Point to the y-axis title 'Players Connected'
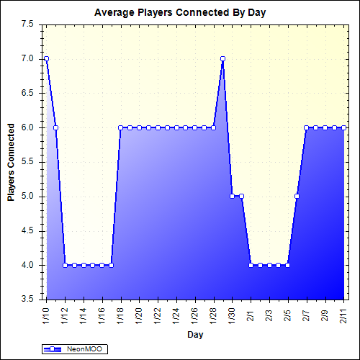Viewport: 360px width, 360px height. [11, 162]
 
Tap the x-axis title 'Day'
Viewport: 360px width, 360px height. [194, 335]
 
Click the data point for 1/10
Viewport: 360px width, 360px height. [46, 58]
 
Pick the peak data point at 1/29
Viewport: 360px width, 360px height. [223, 58]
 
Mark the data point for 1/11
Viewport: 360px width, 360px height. [55, 127]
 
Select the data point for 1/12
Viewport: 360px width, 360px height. [65, 265]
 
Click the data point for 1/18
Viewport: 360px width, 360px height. [120, 127]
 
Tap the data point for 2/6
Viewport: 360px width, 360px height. [297, 196]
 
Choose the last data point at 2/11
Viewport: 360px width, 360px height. [343, 127]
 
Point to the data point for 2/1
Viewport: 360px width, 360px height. [251, 265]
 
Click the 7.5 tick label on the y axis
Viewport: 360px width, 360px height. [27, 24]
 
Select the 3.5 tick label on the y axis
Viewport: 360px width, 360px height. [27, 300]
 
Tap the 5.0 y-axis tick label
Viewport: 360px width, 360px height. [27, 196]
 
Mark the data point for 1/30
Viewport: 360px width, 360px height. [232, 196]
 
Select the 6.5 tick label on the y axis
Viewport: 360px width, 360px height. [27, 93]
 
